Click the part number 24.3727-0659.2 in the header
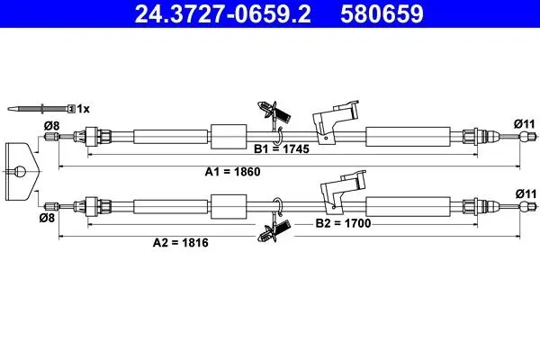222,14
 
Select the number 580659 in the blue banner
382,14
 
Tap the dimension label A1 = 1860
232,172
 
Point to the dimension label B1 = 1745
282,148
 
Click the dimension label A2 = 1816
181,242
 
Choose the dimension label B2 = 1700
344,223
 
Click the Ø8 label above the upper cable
51,126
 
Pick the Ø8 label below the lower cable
47,218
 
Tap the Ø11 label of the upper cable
525,123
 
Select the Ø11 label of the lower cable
526,194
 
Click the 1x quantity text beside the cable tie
83,109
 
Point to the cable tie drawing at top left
41,109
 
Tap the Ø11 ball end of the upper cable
525,137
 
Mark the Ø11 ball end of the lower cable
525,207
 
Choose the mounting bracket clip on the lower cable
342,190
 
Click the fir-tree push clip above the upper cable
274,112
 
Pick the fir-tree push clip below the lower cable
274,230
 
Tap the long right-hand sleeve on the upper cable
408,137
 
